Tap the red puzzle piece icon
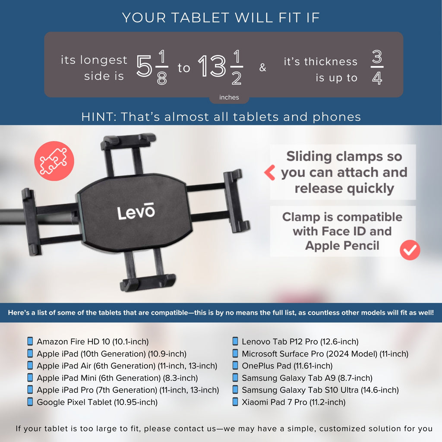(x=54, y=161)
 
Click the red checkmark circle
(x=410, y=250)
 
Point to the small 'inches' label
(x=229, y=97)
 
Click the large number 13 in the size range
(x=212, y=66)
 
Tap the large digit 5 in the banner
(x=144, y=66)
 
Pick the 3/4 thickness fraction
(x=377, y=67)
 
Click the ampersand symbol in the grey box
(x=262, y=67)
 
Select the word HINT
(x=99, y=117)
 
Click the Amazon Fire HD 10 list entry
(x=93, y=341)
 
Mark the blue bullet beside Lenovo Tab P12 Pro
(x=235, y=341)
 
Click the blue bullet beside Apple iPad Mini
(x=30, y=377)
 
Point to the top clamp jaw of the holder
(x=128, y=141)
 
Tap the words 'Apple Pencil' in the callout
(x=342, y=246)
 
